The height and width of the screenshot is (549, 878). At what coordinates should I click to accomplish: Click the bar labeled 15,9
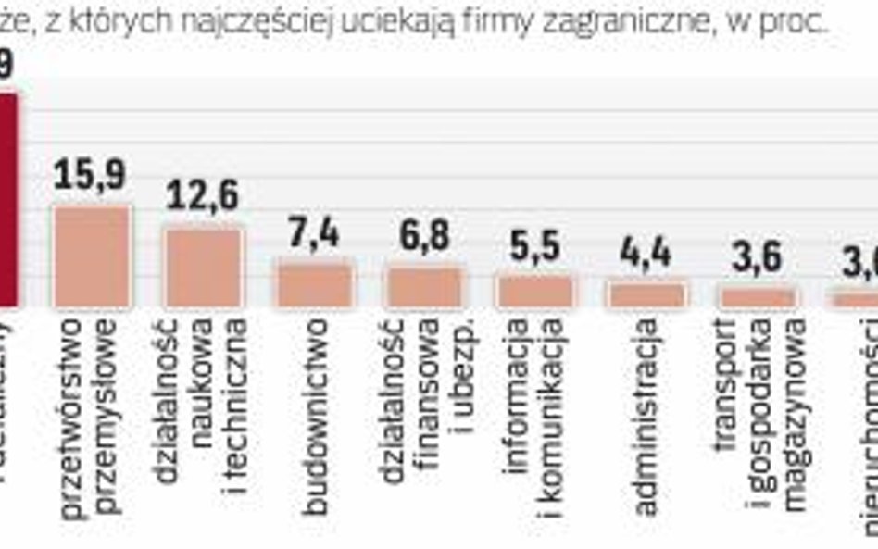point(92,256)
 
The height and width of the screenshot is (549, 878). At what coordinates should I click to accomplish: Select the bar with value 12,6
point(203,268)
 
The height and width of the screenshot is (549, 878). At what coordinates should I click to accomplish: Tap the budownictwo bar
point(315,284)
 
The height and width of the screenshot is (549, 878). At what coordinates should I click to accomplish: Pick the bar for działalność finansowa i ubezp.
point(424,287)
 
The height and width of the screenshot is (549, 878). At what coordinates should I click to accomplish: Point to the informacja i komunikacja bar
point(535,291)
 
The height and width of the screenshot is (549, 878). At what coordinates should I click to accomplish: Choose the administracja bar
point(646,294)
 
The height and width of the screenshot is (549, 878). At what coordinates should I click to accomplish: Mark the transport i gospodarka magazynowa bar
point(759,297)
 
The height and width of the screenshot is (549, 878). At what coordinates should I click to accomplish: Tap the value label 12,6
point(202,195)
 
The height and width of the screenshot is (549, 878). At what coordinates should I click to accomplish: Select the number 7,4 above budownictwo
point(315,232)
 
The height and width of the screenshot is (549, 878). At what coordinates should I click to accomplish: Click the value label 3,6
point(758,256)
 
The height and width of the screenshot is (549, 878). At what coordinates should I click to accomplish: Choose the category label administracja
point(646,417)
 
